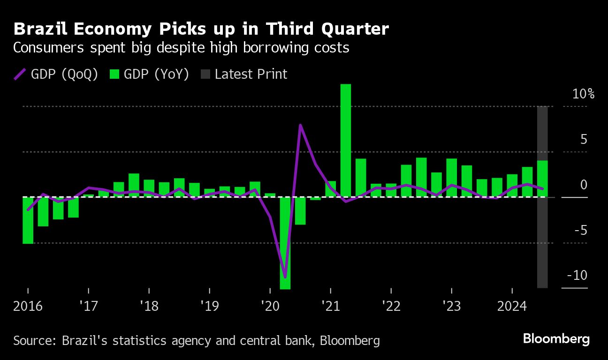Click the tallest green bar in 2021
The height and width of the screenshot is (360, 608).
[x=345, y=141]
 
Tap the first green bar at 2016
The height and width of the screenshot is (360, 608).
[x=28, y=220]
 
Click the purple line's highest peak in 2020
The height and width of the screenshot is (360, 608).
[x=300, y=125]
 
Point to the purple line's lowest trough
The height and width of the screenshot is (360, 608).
[x=285, y=277]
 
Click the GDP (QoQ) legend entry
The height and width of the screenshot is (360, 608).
[x=56, y=74]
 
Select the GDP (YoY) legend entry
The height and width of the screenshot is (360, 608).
[x=149, y=74]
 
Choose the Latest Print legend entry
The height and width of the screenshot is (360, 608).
[x=244, y=74]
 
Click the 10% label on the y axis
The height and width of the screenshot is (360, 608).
[x=584, y=94]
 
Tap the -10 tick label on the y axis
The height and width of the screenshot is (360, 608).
[x=577, y=275]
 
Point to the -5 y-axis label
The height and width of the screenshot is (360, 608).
[x=580, y=230]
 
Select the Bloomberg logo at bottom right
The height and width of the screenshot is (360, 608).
[x=556, y=339]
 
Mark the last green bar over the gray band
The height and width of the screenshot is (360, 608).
[x=542, y=179]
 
